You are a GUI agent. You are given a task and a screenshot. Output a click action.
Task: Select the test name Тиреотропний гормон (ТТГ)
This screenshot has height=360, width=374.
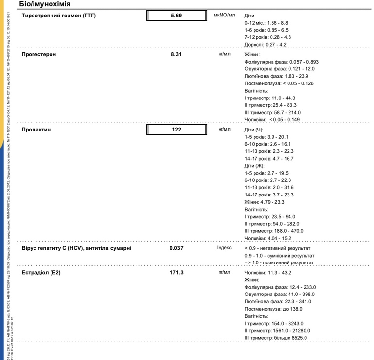[x=59, y=16]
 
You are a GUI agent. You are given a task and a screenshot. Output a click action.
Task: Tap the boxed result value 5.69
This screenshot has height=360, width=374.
[x=176, y=16]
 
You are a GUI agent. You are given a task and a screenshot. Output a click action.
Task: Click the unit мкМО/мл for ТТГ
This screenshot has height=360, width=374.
[x=224, y=16]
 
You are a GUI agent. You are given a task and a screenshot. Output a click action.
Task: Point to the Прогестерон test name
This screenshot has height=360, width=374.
[x=39, y=54]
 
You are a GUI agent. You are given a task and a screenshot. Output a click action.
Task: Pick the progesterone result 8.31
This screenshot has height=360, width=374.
[x=176, y=54]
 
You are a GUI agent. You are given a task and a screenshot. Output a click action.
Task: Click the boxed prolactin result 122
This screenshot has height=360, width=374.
[x=176, y=130]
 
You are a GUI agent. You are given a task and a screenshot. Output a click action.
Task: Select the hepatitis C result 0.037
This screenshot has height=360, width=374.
[x=176, y=248]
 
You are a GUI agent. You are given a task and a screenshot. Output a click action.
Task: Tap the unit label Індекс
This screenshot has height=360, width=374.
[x=224, y=248]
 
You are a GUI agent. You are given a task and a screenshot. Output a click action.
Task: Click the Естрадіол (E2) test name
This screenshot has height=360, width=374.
[x=41, y=273]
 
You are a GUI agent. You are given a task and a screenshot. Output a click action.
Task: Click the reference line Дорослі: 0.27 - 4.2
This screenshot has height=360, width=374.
[x=265, y=45]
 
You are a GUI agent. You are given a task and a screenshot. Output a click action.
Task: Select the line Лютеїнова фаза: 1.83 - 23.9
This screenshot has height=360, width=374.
[x=276, y=76]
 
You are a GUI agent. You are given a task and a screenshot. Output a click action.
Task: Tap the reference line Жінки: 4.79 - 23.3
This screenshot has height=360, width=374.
[x=264, y=202]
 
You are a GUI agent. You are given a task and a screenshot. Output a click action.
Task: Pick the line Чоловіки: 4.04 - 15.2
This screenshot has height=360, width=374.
[x=268, y=238]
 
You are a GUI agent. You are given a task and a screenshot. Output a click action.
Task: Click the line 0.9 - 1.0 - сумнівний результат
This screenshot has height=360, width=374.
[x=279, y=255]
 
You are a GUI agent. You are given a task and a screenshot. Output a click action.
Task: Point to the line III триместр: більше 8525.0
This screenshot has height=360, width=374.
[x=275, y=338]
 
